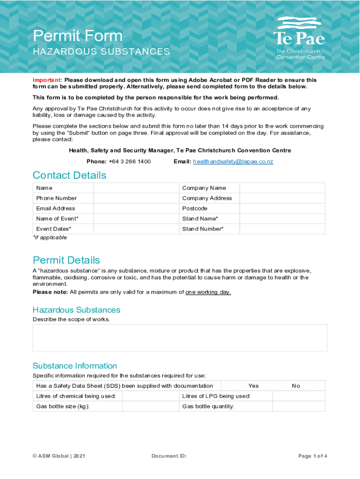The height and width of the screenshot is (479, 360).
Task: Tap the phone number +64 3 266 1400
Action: click(x=130, y=161)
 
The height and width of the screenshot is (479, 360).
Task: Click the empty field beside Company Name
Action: click(x=282, y=188)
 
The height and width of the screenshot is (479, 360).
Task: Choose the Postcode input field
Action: click(x=282, y=209)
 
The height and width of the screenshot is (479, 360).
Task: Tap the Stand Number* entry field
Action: click(x=282, y=229)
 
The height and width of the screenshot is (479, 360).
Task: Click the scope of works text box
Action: click(x=180, y=338)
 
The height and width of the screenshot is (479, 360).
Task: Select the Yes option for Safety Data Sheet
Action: click(x=253, y=386)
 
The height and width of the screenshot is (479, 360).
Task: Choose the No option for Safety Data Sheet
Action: click(x=296, y=386)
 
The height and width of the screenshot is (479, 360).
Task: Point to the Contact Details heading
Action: click(x=69, y=175)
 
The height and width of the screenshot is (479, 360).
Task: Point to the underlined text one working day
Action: click(x=208, y=292)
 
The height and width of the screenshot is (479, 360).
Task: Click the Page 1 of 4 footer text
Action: click(x=312, y=456)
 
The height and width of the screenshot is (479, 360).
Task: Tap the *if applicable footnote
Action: click(x=50, y=238)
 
